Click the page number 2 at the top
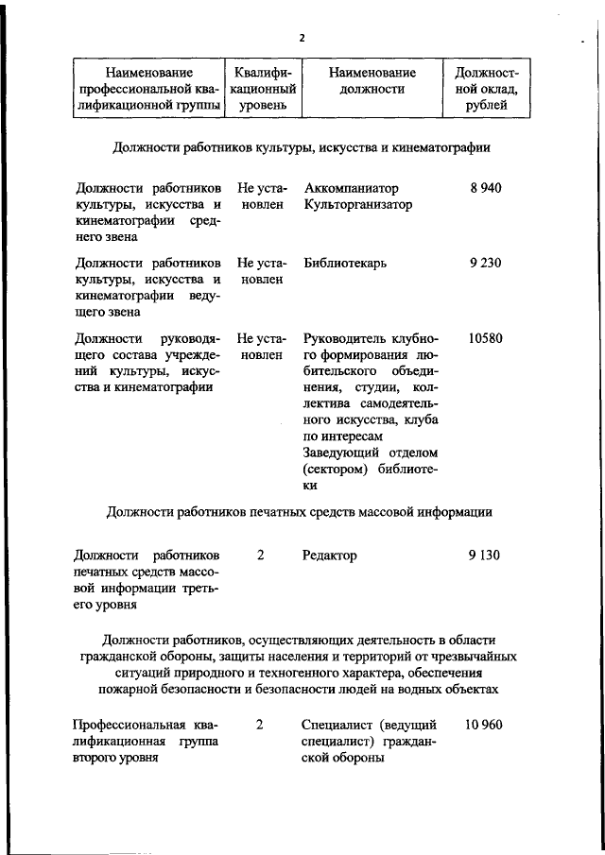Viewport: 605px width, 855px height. (x=302, y=38)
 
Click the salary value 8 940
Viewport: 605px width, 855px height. (x=484, y=188)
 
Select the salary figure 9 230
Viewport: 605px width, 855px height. (x=484, y=263)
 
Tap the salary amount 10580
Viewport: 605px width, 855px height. (x=484, y=337)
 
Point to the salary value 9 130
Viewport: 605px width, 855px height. (x=484, y=556)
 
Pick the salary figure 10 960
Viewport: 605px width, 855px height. (x=484, y=725)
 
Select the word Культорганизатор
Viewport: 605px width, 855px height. (x=358, y=204)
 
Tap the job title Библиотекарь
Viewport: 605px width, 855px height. (x=345, y=263)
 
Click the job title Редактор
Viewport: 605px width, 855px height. (x=330, y=556)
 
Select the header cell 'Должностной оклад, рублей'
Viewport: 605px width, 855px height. (x=488, y=88)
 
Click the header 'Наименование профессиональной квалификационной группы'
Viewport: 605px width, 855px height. (x=149, y=88)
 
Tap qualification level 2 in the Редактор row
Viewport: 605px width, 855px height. (x=260, y=556)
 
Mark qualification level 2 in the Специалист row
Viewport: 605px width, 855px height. (x=260, y=725)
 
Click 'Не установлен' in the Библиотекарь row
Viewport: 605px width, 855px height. (x=262, y=270)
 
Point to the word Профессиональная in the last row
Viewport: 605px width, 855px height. (x=132, y=725)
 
